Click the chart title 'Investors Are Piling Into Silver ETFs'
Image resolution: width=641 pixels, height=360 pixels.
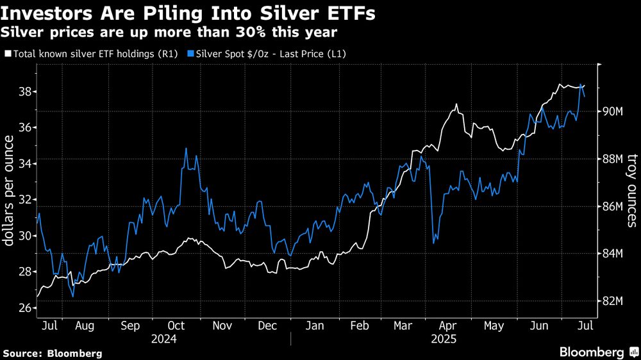(x=188, y=13)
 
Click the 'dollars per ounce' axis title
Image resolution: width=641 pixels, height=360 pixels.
(x=10, y=191)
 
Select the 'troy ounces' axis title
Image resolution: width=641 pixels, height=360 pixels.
(x=631, y=191)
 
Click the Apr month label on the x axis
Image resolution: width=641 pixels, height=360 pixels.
(x=448, y=326)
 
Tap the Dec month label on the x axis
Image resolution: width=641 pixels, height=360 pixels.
(x=267, y=326)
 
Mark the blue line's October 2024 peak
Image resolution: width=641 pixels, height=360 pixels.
(x=186, y=149)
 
